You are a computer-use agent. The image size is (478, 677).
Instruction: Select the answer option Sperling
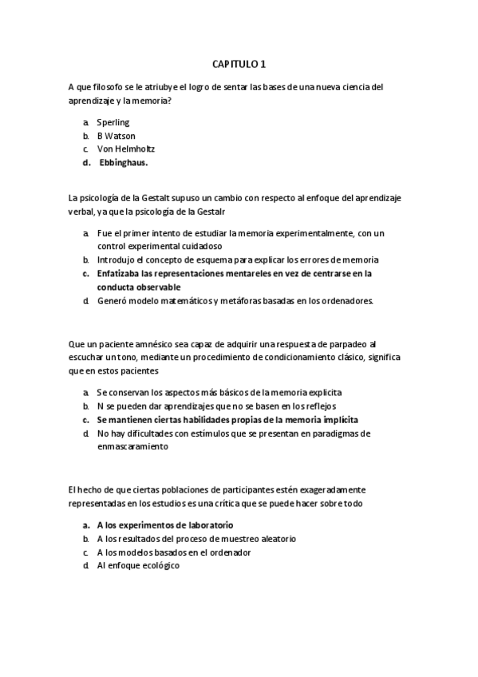tap(113, 123)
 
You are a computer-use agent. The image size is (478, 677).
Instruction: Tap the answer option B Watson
tap(116, 136)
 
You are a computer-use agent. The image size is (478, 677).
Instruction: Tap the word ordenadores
tap(339, 301)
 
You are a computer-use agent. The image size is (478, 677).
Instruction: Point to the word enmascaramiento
tap(132, 447)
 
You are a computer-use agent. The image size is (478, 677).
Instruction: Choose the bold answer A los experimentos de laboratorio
tap(164, 525)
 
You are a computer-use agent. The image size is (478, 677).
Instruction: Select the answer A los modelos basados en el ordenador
tap(174, 552)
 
